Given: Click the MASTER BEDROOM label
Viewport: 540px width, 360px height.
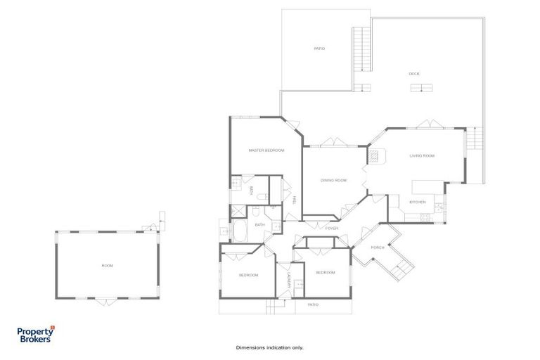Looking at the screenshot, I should [x=266, y=150].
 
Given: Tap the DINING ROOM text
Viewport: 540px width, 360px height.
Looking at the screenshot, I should [x=334, y=181].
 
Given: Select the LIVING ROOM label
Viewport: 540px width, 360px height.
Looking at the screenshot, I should [x=423, y=155].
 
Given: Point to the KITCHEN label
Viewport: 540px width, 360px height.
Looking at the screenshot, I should [x=418, y=202].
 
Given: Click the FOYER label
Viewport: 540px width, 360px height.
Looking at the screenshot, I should [x=332, y=229].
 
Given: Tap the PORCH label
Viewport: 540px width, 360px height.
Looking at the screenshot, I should [x=378, y=247].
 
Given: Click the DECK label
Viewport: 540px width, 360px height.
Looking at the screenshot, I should [x=415, y=73].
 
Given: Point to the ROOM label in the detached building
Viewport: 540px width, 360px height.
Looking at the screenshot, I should [x=107, y=266].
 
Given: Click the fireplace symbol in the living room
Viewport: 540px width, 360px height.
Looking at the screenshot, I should [x=378, y=156].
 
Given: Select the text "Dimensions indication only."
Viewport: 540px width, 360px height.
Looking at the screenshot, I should [x=270, y=347].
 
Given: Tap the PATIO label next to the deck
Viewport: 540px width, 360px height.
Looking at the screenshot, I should [x=319, y=49].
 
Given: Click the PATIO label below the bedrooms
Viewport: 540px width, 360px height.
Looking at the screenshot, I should [x=313, y=304].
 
